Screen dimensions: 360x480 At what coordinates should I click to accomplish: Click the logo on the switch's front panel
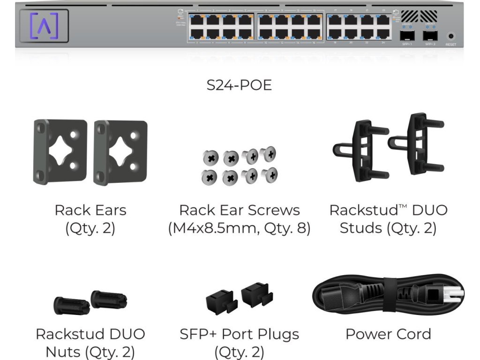click(44, 25)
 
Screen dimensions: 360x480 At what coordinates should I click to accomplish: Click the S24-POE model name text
click(239, 85)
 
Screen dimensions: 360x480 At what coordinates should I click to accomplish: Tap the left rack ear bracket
click(60, 152)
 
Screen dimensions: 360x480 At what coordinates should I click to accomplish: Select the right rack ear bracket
click(120, 152)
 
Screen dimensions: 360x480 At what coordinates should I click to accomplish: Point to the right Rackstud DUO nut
click(109, 299)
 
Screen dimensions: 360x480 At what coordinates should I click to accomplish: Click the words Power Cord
click(388, 334)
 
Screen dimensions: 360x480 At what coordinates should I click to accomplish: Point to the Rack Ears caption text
click(90, 210)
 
